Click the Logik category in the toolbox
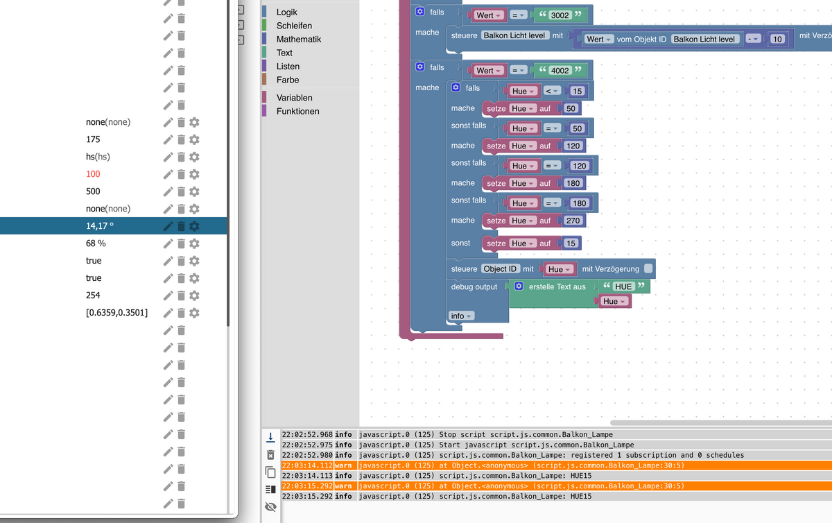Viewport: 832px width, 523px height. coord(287,12)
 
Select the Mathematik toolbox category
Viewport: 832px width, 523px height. coord(298,40)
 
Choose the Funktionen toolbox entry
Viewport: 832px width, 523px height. coord(297,111)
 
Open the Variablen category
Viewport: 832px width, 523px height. coord(294,98)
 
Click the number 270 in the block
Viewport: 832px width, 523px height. coord(573,221)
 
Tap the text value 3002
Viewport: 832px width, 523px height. coord(560,15)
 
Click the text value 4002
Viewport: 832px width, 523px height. coord(560,71)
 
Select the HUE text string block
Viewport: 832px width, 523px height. coord(624,286)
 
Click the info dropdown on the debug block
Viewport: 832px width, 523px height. coord(461,316)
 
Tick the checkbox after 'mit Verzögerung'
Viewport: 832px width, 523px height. coord(648,269)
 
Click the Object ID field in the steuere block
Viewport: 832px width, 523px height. coord(500,269)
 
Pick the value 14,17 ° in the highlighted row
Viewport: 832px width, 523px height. coord(100,226)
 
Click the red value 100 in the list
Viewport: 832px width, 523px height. coord(93,174)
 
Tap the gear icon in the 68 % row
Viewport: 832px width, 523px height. coord(195,243)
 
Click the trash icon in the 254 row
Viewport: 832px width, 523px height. coord(181,295)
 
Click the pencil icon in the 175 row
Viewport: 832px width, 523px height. coord(168,139)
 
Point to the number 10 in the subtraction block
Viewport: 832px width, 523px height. coord(777,40)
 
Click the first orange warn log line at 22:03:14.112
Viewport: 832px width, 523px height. coord(520,465)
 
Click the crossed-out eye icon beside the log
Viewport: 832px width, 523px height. coord(270,508)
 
